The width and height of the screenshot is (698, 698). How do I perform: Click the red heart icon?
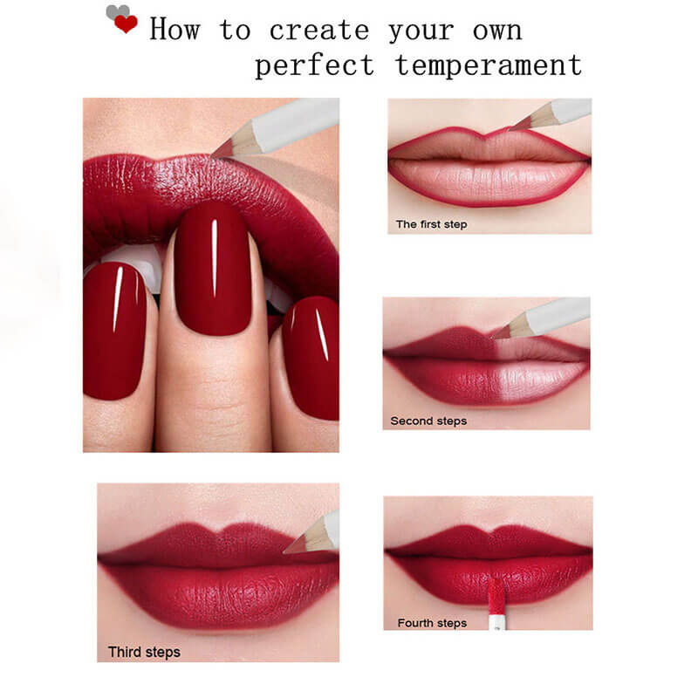click(126, 24)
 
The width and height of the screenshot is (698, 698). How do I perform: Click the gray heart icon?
click(114, 12)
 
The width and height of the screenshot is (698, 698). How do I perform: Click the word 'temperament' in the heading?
click(488, 65)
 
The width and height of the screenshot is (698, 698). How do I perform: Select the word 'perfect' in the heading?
click(314, 65)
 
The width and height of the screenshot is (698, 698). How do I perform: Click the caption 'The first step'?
click(431, 224)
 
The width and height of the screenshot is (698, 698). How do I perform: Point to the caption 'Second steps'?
click(428, 421)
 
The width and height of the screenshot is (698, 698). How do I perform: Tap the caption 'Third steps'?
click(144, 652)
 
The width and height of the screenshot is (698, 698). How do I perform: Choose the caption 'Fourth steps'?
click(432, 623)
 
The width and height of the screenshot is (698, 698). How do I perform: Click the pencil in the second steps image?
click(545, 318)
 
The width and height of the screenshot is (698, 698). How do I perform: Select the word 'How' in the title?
click(174, 30)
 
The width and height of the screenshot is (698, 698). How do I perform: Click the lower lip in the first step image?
click(489, 181)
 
